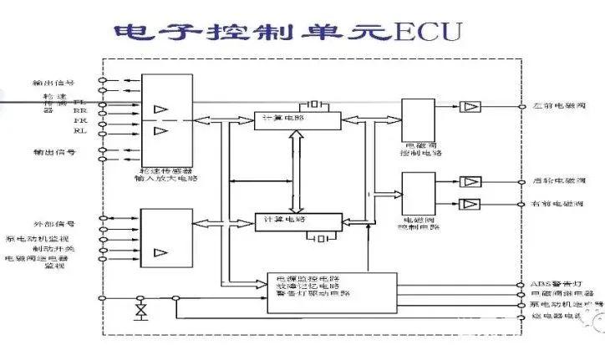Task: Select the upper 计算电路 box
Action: (297, 120)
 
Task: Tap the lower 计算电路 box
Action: (297, 221)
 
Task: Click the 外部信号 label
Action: (53, 224)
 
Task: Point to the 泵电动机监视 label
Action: (40, 237)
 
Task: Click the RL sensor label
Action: (79, 130)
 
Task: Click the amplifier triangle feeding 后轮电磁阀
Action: (470, 181)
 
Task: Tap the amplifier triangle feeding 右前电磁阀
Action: (470, 204)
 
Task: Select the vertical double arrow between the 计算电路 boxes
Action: (292, 171)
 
